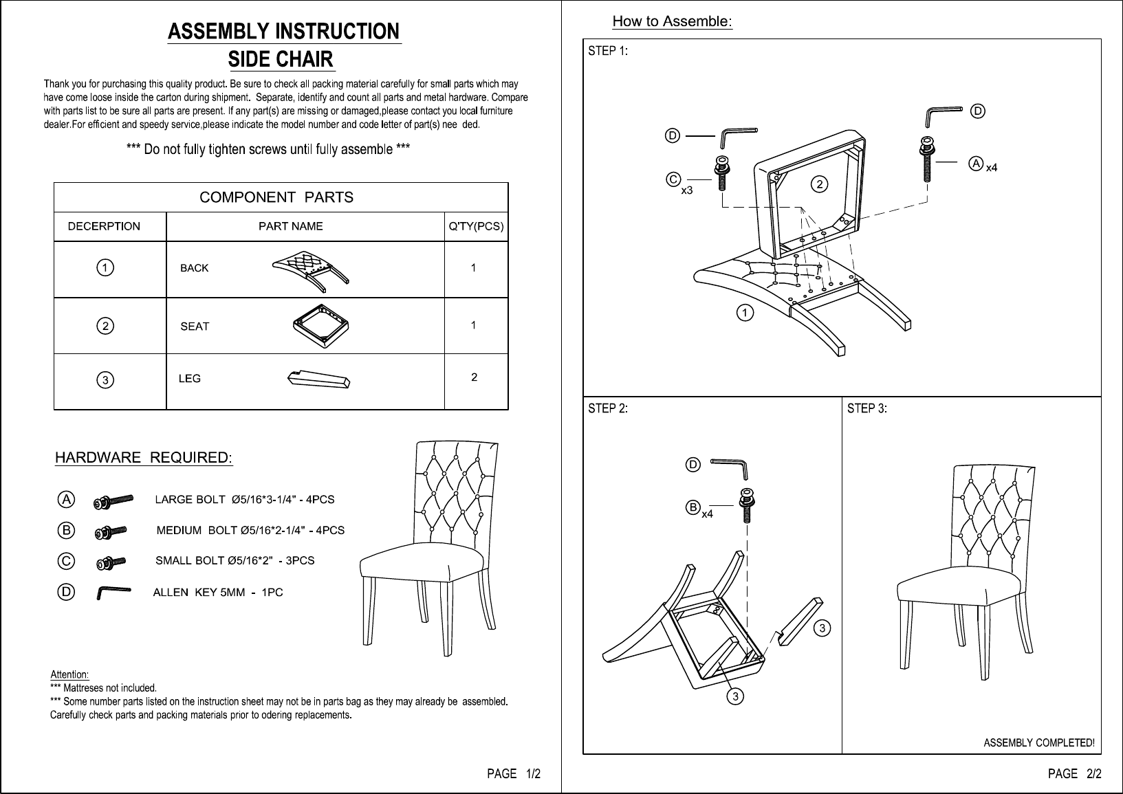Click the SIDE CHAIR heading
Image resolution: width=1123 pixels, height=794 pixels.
pos(281,59)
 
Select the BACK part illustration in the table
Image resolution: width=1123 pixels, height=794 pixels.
pos(310,271)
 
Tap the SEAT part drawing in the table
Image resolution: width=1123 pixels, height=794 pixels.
pos(321,326)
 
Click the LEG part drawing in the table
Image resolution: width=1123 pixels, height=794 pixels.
pos(319,379)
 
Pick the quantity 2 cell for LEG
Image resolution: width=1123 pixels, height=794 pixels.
pos(475,377)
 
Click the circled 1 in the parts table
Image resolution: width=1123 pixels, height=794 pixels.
pos(105,267)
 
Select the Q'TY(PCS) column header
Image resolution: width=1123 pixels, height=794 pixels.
pos(477,227)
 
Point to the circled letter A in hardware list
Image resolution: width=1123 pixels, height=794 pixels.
pos(66,500)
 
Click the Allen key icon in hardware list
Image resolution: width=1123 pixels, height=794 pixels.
pos(113,592)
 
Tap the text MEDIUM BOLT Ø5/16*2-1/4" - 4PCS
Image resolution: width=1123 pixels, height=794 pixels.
pos(251,530)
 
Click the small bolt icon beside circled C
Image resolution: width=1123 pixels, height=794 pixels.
pos(111,563)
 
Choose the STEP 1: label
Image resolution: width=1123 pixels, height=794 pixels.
pos(608,51)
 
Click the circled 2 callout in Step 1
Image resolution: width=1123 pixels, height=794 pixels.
pos(819,184)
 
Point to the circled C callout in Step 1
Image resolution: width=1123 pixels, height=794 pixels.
pos(673,179)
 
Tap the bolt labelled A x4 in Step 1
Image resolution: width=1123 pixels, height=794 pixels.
pos(927,159)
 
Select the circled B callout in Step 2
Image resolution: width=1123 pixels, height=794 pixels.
pos(693,508)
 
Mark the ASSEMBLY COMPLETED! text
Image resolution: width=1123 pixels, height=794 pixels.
pos(1039,743)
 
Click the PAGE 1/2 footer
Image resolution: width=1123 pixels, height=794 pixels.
pos(514,774)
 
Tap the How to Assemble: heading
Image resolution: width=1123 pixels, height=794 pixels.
pos(673,21)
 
